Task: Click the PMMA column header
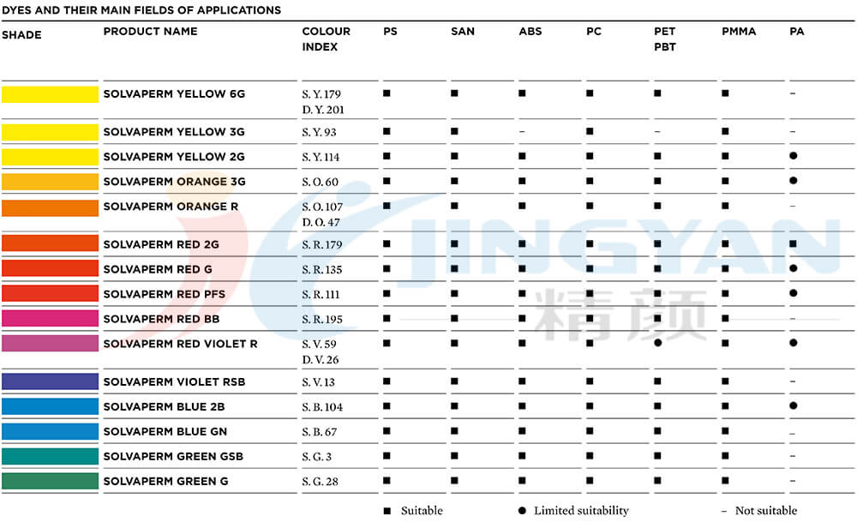[738, 32]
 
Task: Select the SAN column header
[462, 32]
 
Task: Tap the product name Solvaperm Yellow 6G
[174, 93]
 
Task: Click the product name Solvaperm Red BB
[161, 319]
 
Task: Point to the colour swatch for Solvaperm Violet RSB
[50, 381]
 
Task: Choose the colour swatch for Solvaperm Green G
[50, 481]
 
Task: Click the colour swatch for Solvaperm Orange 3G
[50, 182]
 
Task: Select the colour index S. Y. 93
[319, 132]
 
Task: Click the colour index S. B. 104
[322, 407]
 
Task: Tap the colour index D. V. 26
[321, 360]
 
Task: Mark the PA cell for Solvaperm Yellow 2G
[794, 156]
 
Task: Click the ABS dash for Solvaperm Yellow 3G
[522, 132]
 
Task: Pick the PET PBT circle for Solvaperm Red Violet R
[657, 343]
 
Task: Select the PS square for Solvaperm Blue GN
[387, 431]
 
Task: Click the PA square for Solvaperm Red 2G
[794, 244]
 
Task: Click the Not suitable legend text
[765, 511]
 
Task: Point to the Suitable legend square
[387, 511]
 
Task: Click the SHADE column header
[21, 35]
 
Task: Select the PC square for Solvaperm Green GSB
[590, 456]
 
